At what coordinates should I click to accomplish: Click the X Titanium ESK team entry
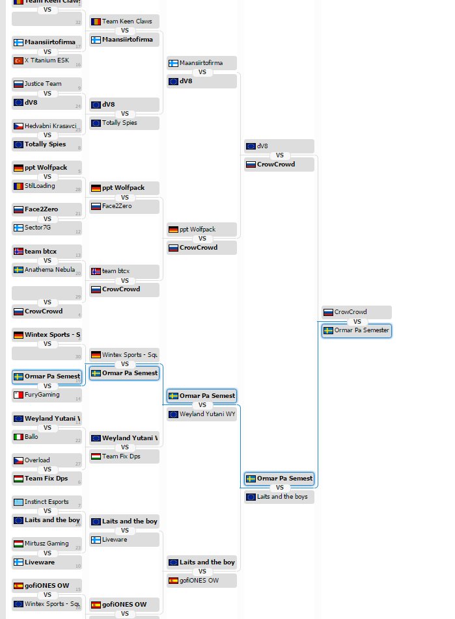coord(47,61)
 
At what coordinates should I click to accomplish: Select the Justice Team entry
coord(47,84)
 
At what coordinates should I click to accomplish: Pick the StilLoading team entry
coord(47,186)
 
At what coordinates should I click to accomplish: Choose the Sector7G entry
coord(47,228)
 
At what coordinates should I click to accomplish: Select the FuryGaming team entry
coord(47,395)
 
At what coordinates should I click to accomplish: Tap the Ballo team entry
coord(47,437)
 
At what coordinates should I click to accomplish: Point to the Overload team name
coord(47,460)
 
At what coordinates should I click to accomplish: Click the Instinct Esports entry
coord(47,502)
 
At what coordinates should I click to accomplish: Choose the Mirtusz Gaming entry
coord(47,544)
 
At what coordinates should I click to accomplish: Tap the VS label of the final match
coord(357,322)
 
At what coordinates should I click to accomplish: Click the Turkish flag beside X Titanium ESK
coord(18,61)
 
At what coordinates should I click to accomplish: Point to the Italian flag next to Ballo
coord(18,437)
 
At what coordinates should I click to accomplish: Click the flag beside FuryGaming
coord(18,395)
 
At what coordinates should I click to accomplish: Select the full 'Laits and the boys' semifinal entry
coord(279,497)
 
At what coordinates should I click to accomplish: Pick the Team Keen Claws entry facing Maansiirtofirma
coord(124,21)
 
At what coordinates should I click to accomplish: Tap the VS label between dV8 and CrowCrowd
coord(279,155)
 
